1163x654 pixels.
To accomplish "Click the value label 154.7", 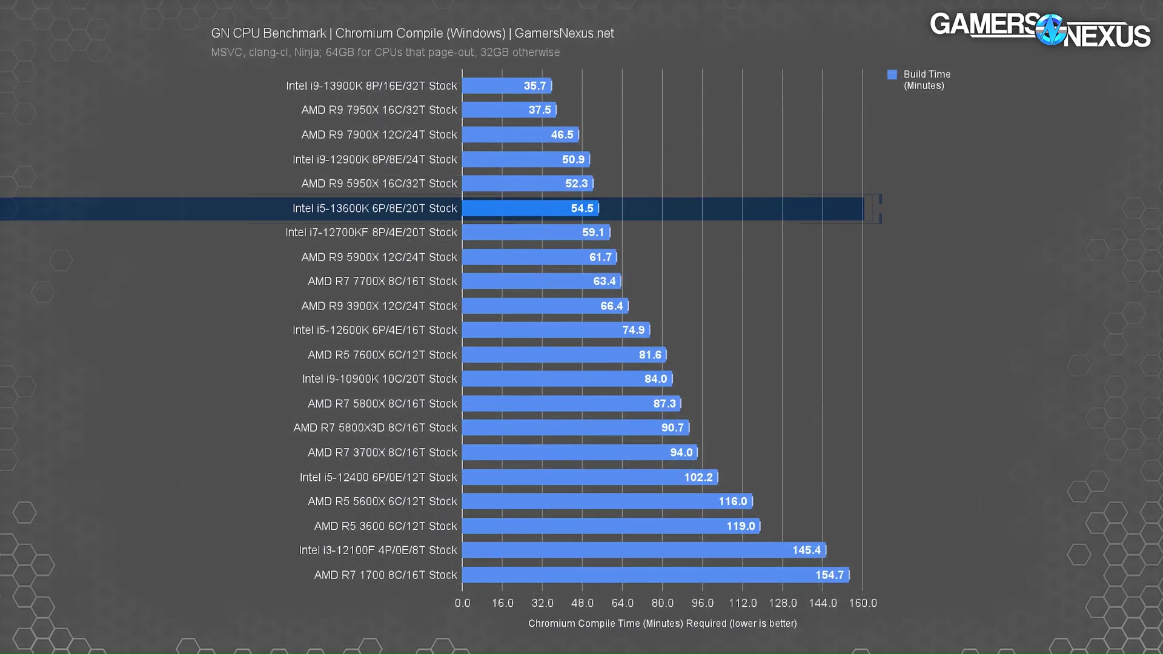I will (x=829, y=575).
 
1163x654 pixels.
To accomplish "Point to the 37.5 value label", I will (x=540, y=110).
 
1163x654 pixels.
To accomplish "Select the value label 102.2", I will (x=698, y=477).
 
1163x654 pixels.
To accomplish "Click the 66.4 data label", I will (x=611, y=306).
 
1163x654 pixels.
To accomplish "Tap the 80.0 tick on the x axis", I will (x=662, y=603).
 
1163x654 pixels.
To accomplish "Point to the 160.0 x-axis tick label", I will (x=863, y=603).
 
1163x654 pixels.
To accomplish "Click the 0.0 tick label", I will (x=462, y=603).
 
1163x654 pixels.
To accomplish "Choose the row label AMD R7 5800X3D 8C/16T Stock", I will (x=375, y=428).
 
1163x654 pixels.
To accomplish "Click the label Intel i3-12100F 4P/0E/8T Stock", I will (x=377, y=550).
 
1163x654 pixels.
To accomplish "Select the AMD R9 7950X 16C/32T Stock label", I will (x=379, y=110).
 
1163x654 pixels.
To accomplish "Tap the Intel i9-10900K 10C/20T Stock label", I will (x=379, y=379).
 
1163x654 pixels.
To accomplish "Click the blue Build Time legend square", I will (x=892, y=74).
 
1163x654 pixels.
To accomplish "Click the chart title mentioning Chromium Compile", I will (x=412, y=33).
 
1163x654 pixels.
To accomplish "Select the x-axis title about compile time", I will (x=662, y=623).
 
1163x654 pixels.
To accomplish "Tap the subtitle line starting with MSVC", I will (x=385, y=53).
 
